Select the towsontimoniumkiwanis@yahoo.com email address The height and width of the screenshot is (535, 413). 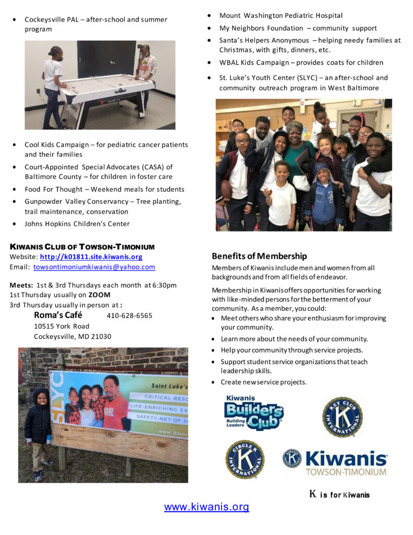tap(94, 266)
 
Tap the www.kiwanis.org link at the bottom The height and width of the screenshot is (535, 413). tap(206, 506)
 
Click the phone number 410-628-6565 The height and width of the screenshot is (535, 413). tap(129, 316)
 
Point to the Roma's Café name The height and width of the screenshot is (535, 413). tap(58, 315)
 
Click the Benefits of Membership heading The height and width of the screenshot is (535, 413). tap(259, 256)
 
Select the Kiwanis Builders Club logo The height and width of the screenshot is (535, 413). tap(254, 413)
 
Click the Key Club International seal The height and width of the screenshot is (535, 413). tap(342, 416)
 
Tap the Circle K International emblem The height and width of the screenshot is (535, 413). tap(244, 459)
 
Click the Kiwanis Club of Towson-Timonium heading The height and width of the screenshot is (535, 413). tap(82, 247)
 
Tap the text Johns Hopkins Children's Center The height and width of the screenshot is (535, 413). tap(77, 224)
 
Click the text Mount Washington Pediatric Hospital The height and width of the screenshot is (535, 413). tap(281, 16)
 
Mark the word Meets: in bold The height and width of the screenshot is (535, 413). tap(21, 285)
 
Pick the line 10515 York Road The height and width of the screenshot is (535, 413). tap(62, 326)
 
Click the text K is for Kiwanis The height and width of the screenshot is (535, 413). tap(339, 494)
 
